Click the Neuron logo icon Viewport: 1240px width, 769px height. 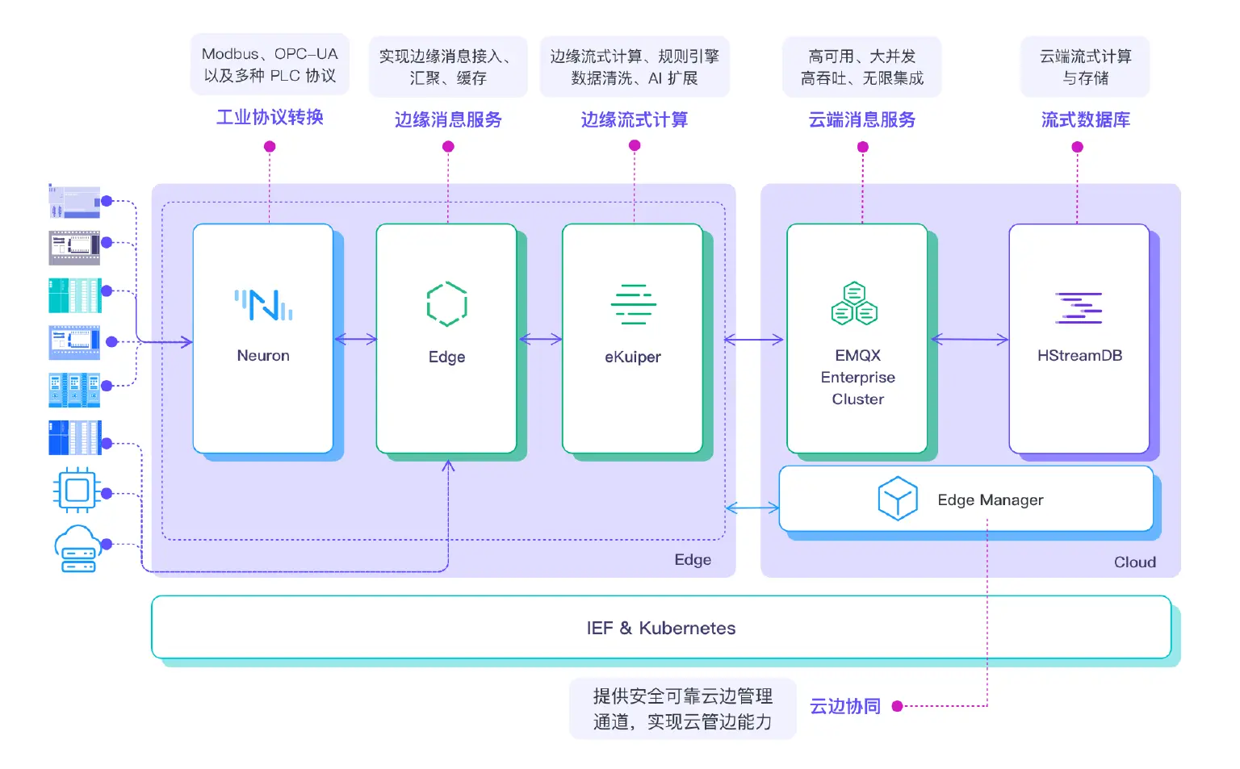tap(263, 305)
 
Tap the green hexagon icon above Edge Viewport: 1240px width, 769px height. tap(446, 304)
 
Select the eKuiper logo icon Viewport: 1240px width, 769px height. tap(633, 304)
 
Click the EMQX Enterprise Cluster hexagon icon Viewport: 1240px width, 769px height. tap(854, 303)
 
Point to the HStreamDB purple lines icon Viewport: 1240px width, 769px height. tap(1079, 307)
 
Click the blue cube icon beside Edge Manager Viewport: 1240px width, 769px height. tap(897, 499)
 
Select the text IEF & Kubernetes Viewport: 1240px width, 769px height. tap(660, 628)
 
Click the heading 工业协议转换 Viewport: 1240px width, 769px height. tap(270, 117)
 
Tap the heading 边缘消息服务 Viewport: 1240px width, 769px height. tap(448, 119)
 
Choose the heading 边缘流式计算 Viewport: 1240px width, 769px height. tap(634, 119)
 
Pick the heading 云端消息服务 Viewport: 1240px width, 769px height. tap(862, 119)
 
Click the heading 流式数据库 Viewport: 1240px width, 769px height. tap(1085, 119)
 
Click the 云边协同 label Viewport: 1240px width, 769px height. tap(844, 706)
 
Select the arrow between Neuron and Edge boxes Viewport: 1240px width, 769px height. tap(355, 340)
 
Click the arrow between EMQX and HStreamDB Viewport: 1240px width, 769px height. tap(969, 340)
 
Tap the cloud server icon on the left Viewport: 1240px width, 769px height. tap(77, 549)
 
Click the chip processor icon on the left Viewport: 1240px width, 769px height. tap(77, 490)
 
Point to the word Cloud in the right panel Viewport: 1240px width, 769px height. tap(1134, 562)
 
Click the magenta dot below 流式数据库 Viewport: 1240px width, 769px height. tap(1077, 147)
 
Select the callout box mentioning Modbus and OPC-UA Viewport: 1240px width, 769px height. tap(270, 65)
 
